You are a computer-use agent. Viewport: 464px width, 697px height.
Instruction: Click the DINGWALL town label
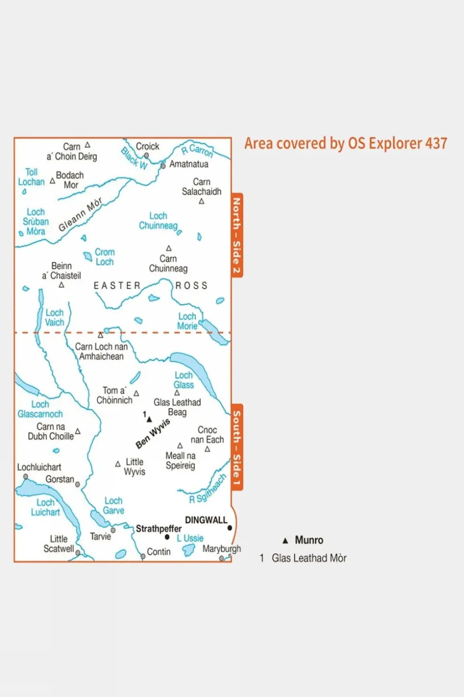tap(206, 520)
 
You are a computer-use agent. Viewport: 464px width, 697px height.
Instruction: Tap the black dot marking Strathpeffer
tap(167, 537)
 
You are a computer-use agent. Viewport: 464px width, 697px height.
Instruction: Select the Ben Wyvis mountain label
tap(153, 434)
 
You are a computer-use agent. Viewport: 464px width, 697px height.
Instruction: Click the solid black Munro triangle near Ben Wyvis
tap(149, 419)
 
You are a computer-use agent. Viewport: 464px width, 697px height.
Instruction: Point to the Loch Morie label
tap(187, 321)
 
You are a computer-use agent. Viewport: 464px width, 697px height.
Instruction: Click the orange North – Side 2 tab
tap(237, 235)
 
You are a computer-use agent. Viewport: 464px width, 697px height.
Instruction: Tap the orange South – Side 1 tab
tap(237, 448)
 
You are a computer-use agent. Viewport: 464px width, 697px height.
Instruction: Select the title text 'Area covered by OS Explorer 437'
tap(345, 143)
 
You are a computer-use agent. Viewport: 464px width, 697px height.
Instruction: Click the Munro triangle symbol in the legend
tap(285, 541)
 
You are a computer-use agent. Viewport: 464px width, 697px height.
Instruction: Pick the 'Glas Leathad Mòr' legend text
tap(309, 558)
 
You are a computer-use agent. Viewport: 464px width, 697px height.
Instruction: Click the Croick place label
tap(147, 146)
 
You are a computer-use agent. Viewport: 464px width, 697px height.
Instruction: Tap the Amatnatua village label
tap(189, 164)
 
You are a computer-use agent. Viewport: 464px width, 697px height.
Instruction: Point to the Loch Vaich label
tap(54, 318)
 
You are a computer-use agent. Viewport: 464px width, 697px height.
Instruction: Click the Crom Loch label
tap(105, 257)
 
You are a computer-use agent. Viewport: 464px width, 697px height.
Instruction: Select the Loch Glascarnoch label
tap(40, 409)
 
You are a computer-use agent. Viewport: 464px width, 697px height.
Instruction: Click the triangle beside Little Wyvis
tap(118, 464)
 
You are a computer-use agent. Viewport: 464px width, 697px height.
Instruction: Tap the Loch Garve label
tap(114, 506)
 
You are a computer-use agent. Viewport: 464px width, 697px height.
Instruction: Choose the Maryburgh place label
tap(222, 549)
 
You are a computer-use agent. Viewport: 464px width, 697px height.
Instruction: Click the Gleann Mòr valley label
tap(80, 214)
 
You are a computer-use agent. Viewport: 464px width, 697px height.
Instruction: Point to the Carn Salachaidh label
tap(201, 186)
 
